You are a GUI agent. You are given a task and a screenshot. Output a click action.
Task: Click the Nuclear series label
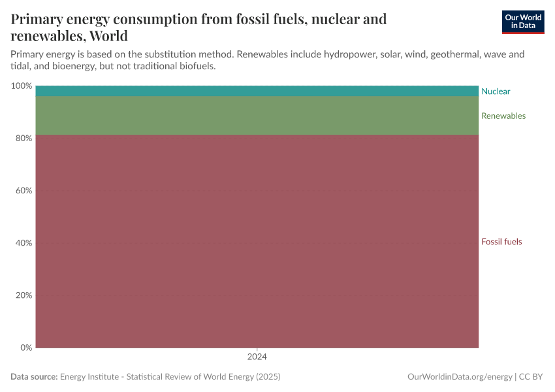496,91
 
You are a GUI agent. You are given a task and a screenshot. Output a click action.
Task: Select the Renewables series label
503,116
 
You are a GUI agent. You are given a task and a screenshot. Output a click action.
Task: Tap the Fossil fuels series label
501,242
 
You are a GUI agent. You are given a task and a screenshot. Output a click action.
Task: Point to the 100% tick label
22,86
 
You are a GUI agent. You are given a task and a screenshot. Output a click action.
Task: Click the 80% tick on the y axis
24,139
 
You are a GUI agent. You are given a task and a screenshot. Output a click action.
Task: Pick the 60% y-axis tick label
24,191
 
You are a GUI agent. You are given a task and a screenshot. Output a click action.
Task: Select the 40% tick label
24,243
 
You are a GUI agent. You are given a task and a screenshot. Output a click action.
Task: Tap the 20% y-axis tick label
24,295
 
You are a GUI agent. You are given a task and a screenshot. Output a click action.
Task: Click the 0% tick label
26,348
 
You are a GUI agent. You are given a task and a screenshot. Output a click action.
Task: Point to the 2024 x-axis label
257,357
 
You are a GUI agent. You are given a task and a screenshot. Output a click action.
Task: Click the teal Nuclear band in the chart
257,91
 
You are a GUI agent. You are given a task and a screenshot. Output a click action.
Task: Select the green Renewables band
257,116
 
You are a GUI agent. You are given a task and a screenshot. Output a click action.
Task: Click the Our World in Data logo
522,22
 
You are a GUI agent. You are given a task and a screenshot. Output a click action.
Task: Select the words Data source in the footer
34,377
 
